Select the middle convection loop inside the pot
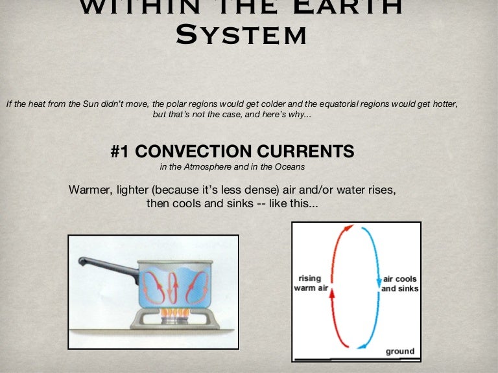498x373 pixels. [x=171, y=286]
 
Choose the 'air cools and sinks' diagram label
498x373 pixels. [x=399, y=284]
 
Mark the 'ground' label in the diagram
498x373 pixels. [x=400, y=352]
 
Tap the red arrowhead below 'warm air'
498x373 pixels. [x=331, y=294]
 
